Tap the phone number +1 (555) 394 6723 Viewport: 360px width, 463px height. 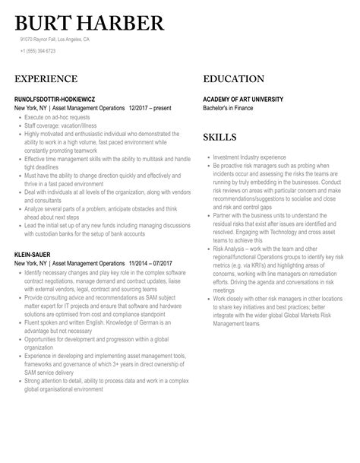38,51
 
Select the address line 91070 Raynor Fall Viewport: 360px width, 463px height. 55,39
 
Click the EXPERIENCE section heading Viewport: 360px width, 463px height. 46,79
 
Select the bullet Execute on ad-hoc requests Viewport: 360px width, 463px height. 57,119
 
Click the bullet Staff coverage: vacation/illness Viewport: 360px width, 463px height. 65,126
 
